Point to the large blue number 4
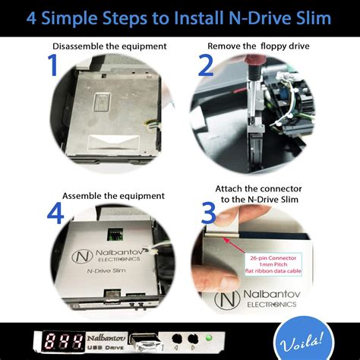54,213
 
